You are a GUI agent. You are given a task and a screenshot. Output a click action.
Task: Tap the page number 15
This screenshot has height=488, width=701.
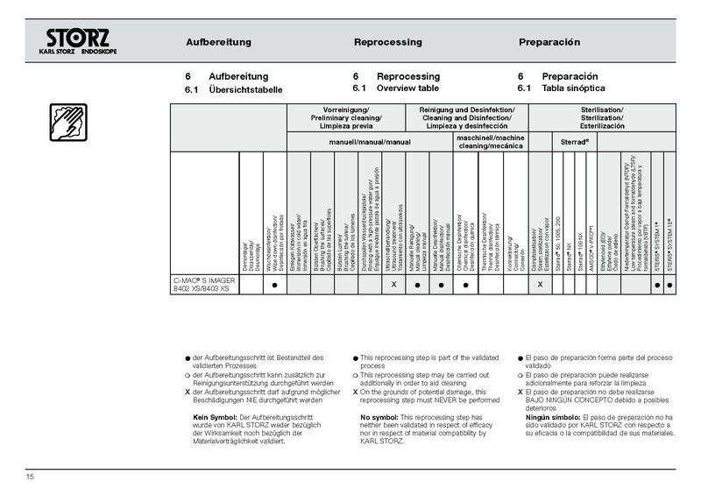coord(30,476)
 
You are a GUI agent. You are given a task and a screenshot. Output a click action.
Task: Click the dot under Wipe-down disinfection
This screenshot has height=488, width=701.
coord(274,286)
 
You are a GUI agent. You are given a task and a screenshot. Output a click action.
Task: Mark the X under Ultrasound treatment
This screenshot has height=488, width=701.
coord(393,286)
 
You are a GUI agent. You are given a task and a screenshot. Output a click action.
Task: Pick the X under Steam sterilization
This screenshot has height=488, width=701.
coord(539,286)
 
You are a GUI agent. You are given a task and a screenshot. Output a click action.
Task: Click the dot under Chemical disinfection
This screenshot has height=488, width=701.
coord(466,286)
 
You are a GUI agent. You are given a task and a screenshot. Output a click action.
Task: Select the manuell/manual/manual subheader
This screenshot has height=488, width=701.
coord(369,141)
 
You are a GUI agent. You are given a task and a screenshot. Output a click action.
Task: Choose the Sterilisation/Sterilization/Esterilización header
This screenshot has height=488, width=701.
coord(601,117)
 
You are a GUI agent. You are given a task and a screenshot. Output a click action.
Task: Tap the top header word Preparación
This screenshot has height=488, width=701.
coord(549,42)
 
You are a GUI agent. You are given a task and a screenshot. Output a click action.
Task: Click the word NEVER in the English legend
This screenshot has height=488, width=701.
coord(459,400)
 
